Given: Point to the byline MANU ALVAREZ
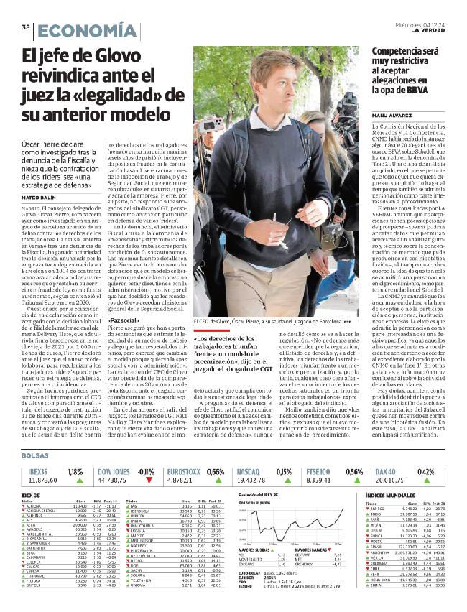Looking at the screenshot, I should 393,114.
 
